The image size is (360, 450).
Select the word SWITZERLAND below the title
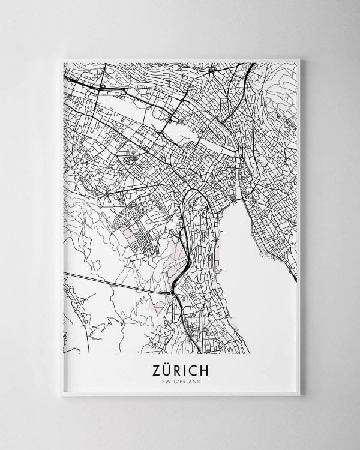click(180, 380)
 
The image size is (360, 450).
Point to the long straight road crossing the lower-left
click(114, 281)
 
